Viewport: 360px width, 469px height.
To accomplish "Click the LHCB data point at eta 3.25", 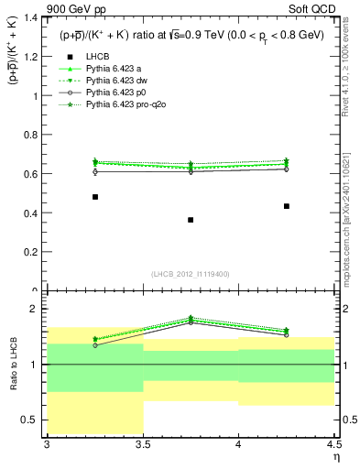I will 95,197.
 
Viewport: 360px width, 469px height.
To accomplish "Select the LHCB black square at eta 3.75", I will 191,220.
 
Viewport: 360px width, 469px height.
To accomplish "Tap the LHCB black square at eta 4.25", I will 287,206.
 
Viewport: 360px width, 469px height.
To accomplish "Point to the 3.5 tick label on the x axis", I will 143,444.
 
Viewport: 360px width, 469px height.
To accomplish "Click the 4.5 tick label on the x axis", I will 333,444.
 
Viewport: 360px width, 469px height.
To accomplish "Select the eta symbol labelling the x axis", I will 335,457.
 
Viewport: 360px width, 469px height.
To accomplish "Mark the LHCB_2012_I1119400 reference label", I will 191,273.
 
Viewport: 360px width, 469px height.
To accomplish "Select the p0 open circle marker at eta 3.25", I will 95,171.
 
